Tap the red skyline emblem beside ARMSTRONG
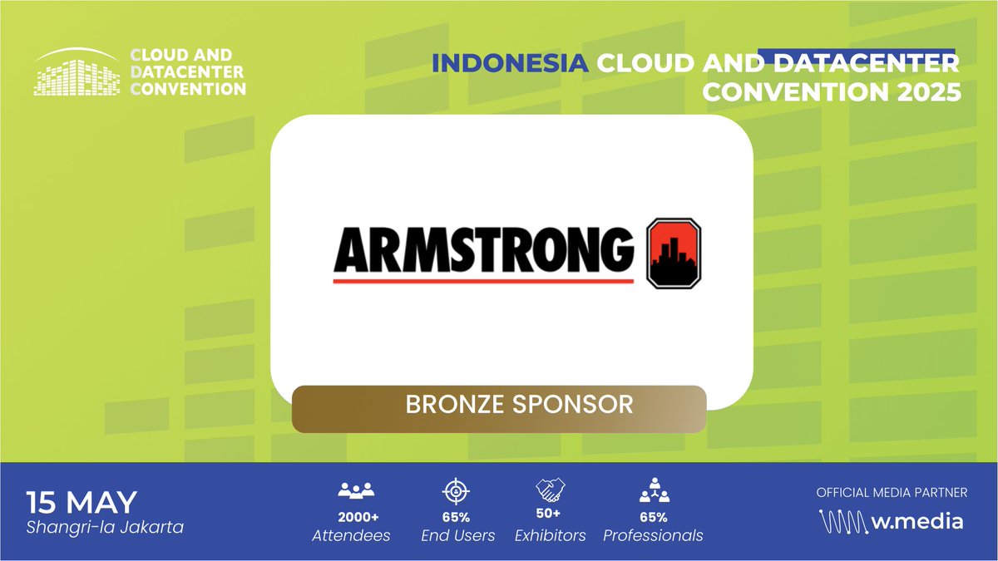pos(674,253)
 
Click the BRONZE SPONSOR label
pos(519,405)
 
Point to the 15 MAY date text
pos(82,503)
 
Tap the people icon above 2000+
pos(357,490)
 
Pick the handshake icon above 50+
pos(551,490)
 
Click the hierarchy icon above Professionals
pos(654,491)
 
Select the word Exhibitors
pos(550,536)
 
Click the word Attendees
pos(351,536)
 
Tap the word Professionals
pos(654,536)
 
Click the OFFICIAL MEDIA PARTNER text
pos(892,493)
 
